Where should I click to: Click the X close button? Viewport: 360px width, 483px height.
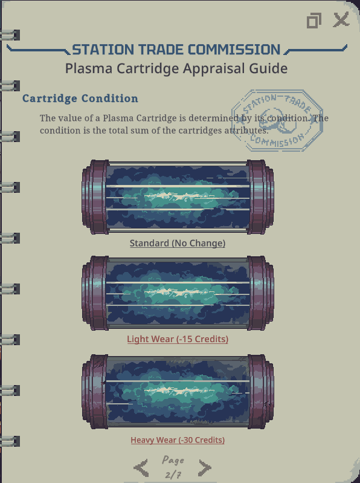[x=341, y=19]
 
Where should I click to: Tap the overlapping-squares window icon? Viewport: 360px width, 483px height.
[x=314, y=21]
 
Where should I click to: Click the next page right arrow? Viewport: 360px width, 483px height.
[x=205, y=468]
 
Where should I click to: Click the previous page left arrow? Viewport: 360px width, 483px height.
[x=141, y=468]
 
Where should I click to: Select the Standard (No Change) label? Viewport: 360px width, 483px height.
[x=178, y=243]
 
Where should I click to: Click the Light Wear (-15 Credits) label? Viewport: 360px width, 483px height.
[x=178, y=339]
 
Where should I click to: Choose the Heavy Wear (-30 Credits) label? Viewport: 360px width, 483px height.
[x=178, y=440]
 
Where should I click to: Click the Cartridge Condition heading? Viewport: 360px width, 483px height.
[x=80, y=99]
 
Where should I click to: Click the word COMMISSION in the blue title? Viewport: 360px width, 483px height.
[x=234, y=50]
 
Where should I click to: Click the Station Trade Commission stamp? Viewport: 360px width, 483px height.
[x=277, y=120]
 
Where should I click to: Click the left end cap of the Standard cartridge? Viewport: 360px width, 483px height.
[x=95, y=197]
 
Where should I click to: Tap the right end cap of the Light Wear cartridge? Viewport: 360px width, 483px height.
[x=260, y=293]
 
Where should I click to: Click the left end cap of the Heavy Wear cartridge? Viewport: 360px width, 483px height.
[x=95, y=392]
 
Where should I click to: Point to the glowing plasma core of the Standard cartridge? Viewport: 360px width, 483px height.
[x=178, y=196]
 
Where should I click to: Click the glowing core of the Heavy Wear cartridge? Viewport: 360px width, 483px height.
[x=178, y=391]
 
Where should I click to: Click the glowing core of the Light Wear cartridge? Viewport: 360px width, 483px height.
[x=178, y=292]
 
